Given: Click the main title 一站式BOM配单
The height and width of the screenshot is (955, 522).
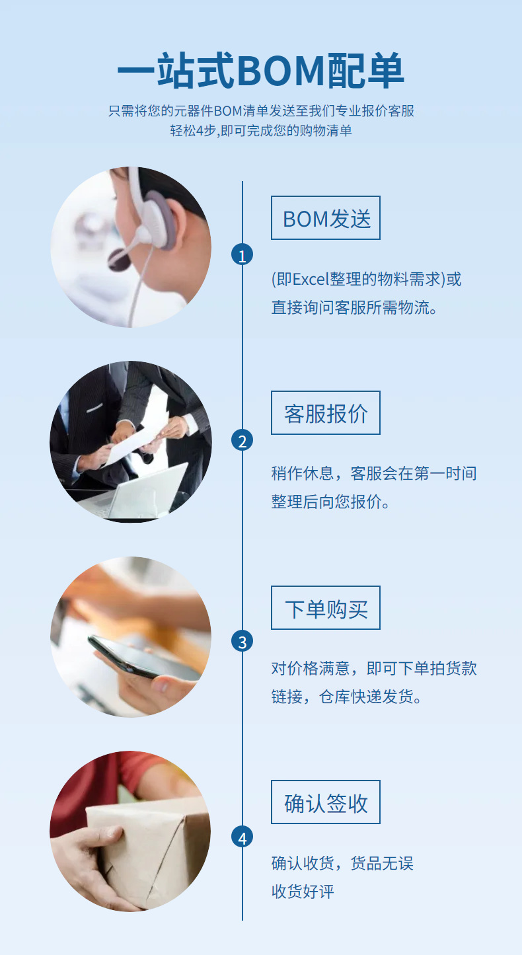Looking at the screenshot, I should click(260, 71).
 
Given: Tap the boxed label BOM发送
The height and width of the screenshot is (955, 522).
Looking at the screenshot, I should click(326, 218).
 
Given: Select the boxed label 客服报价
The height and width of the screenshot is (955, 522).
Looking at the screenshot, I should click(326, 413).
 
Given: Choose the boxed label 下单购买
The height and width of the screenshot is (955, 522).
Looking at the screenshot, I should click(326, 608).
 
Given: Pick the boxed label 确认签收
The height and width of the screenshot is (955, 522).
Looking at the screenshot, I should click(326, 802).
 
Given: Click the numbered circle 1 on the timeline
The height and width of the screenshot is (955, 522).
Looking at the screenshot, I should click(242, 255).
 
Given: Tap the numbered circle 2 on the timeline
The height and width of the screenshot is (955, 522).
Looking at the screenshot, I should click(242, 441).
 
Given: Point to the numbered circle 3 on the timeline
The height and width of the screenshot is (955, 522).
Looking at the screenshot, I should click(242, 641).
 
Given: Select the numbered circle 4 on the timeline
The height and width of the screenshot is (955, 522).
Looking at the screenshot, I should click(242, 838).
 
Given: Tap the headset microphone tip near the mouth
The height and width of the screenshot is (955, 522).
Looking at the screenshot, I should click(119, 258).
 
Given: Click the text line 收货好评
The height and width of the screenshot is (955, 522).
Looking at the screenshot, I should click(303, 892).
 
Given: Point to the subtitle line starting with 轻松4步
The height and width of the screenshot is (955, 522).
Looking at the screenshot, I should click(260, 130).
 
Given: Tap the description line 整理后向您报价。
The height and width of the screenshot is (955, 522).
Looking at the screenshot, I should click(330, 502).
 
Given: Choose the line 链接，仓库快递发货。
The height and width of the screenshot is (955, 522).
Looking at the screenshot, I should click(346, 697).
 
